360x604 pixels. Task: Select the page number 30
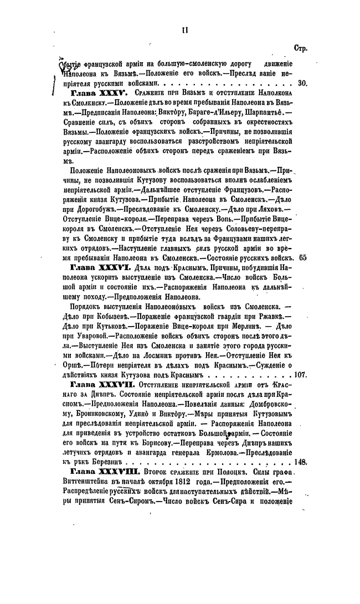click(x=302, y=84)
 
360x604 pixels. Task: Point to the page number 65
click(x=302, y=257)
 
